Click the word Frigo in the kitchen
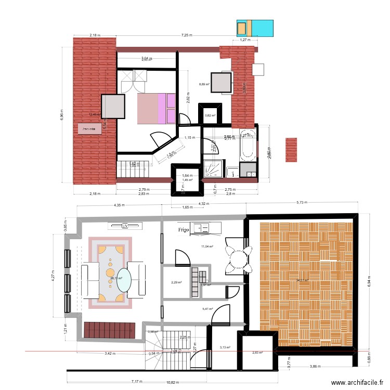click(x=183, y=229)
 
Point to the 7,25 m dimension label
click(x=187, y=35)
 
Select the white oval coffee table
click(x=124, y=280)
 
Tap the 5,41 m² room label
click(x=208, y=309)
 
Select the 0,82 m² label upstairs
click(x=210, y=115)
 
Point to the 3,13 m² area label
click(x=225, y=347)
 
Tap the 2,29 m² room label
click(x=176, y=282)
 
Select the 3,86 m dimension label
click(x=314, y=367)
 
